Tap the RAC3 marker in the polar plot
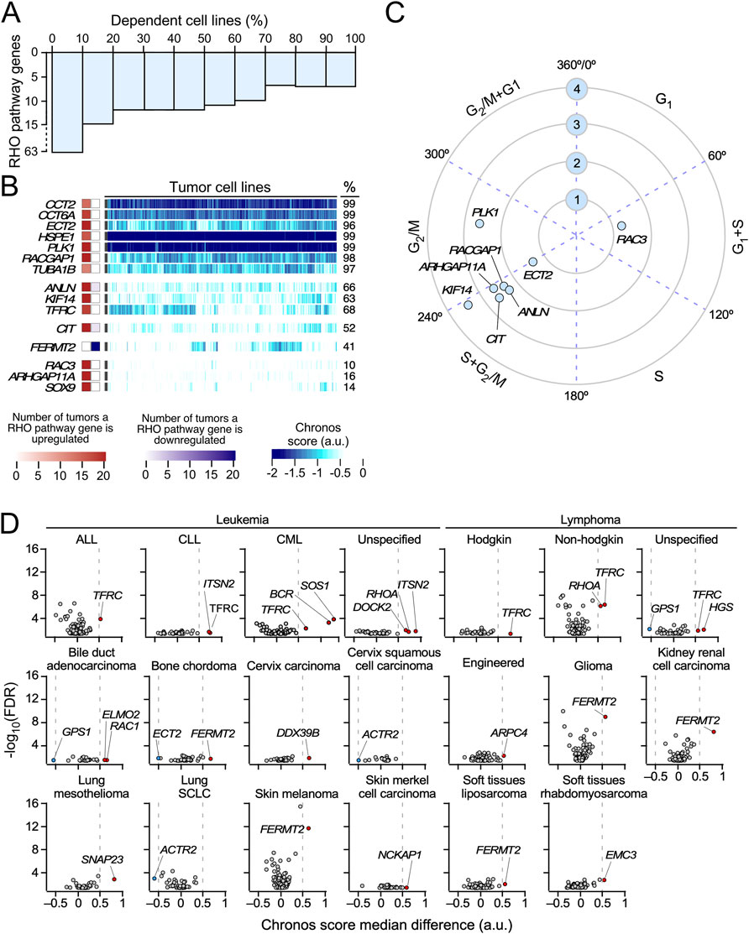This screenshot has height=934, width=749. pos(621,226)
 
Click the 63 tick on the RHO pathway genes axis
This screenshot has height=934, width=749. pos(38,153)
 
